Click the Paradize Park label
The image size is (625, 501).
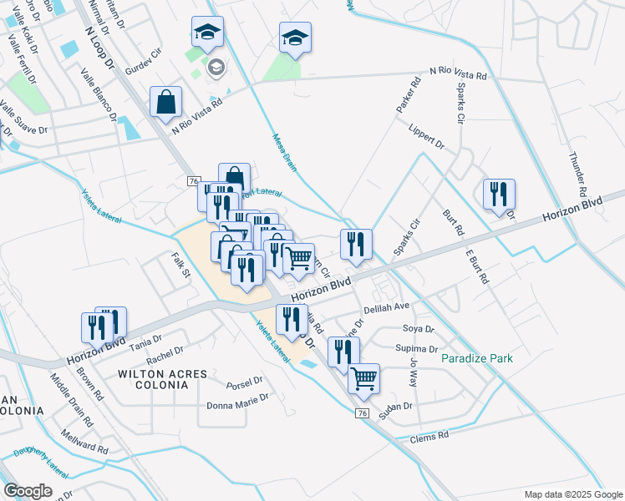477,358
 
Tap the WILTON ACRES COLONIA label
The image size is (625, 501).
153,379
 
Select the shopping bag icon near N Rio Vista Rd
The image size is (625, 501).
166,102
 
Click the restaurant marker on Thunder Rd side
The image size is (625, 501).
499,195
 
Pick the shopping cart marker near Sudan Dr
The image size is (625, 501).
363,378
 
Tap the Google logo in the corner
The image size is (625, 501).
28,491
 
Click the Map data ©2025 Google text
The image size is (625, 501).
572,494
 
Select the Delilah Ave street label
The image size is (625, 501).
386,306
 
